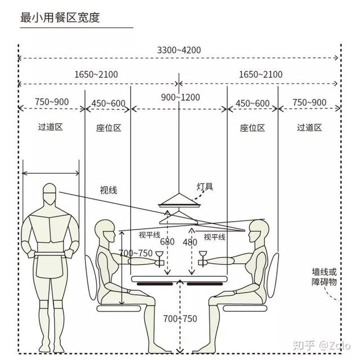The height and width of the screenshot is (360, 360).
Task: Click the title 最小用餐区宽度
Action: click(x=60, y=17)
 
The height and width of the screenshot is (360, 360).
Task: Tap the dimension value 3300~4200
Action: click(x=179, y=50)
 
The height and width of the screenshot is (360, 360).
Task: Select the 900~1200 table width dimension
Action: click(x=180, y=97)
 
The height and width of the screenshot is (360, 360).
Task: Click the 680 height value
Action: click(x=167, y=242)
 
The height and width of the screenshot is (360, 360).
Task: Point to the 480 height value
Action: click(x=190, y=242)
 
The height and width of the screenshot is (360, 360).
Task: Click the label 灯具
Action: click(x=205, y=186)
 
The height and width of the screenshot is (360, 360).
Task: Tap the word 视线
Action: click(x=109, y=190)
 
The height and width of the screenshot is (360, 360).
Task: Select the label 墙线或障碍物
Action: click(x=324, y=277)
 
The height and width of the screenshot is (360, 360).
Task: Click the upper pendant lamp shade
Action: click(x=179, y=200)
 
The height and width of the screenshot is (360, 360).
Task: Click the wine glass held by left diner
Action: click(x=159, y=259)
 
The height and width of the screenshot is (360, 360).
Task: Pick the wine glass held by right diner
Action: click(x=202, y=259)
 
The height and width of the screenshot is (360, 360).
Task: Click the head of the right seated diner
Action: click(x=259, y=231)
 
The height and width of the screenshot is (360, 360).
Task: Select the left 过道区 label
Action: click(x=50, y=127)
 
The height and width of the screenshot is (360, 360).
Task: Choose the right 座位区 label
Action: click(x=253, y=128)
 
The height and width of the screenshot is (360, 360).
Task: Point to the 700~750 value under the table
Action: click(x=180, y=319)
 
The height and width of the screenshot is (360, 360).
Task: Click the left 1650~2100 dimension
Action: click(x=96, y=74)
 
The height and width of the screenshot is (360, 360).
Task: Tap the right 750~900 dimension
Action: click(x=309, y=102)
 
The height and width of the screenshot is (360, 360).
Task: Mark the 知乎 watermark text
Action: click(x=304, y=345)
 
